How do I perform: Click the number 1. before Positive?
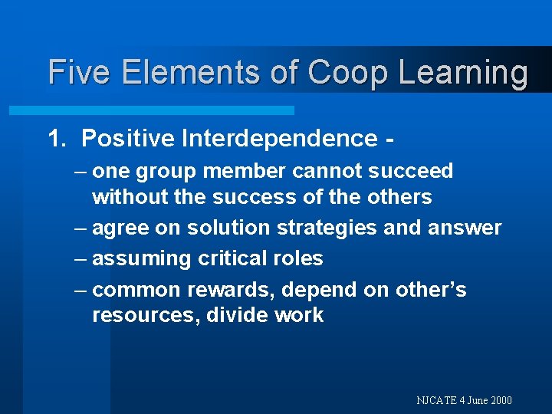coord(58,138)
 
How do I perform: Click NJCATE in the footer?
coord(436,400)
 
